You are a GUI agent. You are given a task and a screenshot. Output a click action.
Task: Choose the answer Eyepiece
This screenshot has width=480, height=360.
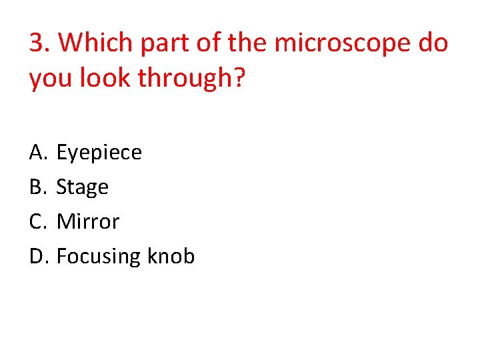coord(99,153)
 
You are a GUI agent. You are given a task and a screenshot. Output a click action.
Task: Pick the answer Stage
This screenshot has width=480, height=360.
coord(83,188)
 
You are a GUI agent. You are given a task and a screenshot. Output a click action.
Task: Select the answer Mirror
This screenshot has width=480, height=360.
coord(88,221)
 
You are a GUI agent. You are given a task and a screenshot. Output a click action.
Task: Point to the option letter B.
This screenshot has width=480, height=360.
coord(37,187)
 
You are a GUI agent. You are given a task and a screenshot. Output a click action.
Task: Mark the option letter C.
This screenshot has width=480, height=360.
coord(37,221)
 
